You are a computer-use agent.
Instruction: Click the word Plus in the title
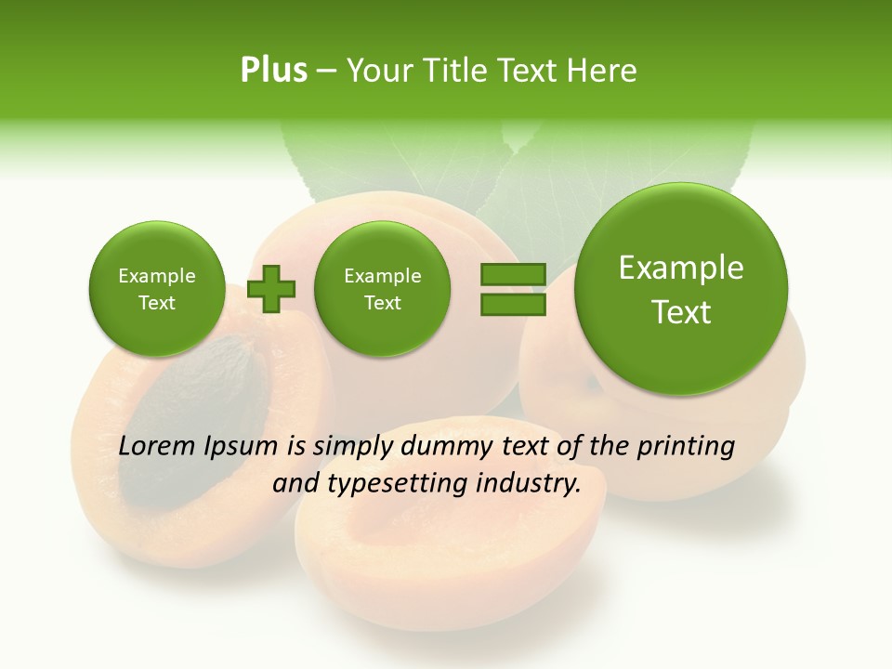[273, 71]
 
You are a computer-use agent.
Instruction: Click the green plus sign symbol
[270, 289]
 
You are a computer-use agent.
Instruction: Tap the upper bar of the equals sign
[513, 275]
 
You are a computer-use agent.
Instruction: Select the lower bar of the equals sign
[513, 305]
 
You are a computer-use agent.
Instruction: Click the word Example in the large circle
[681, 269]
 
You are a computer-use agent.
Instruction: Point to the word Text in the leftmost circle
[156, 303]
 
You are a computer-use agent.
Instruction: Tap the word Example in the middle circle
[382, 276]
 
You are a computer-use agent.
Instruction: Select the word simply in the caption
[351, 446]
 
